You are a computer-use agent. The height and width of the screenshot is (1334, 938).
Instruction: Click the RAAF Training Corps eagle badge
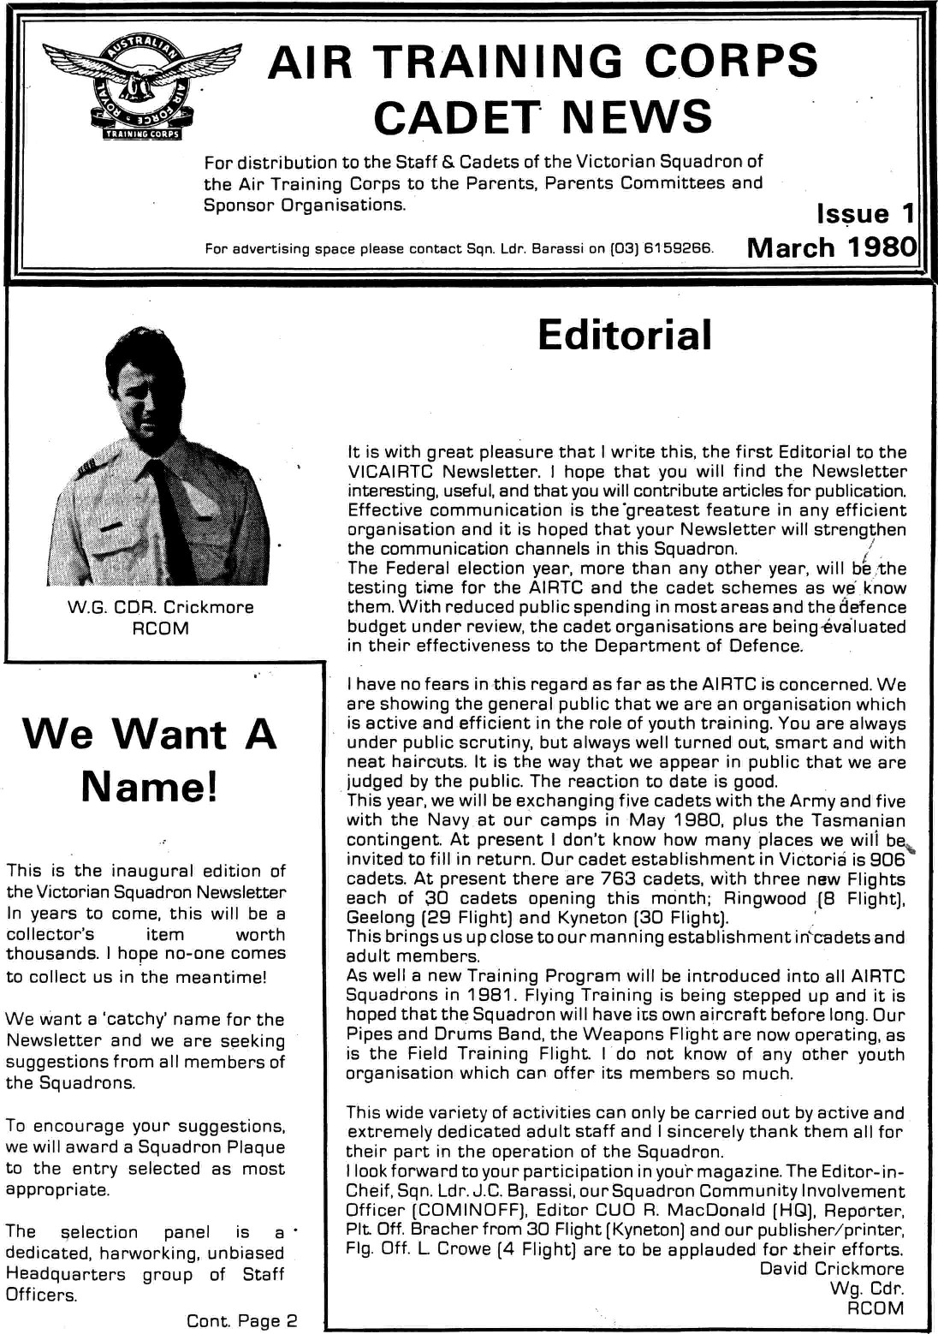coord(144,86)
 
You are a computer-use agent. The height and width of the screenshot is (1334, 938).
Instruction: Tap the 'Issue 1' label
coord(865,213)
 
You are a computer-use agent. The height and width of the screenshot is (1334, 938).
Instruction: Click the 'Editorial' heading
coord(625,335)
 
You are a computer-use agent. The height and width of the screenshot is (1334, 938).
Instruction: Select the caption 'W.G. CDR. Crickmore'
coord(161,607)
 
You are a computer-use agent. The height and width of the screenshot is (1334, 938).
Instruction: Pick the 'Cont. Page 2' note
coord(242,1320)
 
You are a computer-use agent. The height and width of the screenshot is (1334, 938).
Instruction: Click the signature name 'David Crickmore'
coord(832,1269)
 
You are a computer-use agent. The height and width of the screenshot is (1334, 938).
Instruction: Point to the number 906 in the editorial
coord(887,860)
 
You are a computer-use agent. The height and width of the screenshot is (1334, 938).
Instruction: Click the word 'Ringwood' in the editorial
coord(765,899)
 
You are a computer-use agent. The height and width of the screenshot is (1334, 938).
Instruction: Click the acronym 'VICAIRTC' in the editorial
coord(390,472)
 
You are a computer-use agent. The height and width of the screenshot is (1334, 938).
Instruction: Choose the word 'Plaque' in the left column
coord(249,1147)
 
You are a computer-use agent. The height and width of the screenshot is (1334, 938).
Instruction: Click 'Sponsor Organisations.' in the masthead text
coord(305,205)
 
